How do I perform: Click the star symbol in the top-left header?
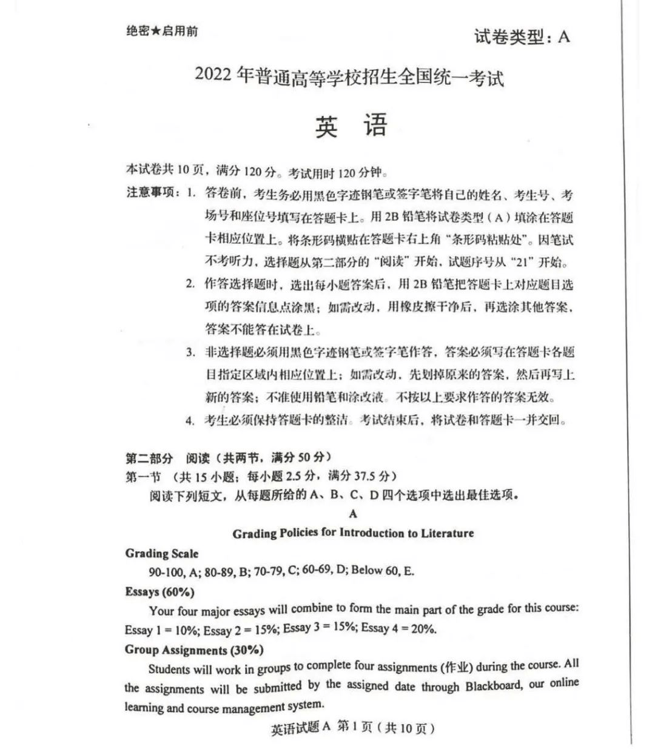(x=155, y=31)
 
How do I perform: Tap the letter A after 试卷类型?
(x=563, y=37)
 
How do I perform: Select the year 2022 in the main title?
(x=213, y=75)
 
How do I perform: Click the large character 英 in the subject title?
(x=326, y=126)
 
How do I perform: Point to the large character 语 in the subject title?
(x=375, y=126)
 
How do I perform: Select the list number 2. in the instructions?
(x=190, y=283)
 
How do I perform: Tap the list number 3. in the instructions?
(x=190, y=352)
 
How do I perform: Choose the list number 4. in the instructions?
(x=190, y=420)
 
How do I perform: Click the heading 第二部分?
(x=149, y=458)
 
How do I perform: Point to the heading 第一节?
(x=143, y=477)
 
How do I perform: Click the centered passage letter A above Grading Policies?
(x=354, y=514)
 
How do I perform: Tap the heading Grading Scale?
(x=162, y=553)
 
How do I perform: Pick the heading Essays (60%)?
(x=160, y=591)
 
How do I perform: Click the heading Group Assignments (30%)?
(x=194, y=650)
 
